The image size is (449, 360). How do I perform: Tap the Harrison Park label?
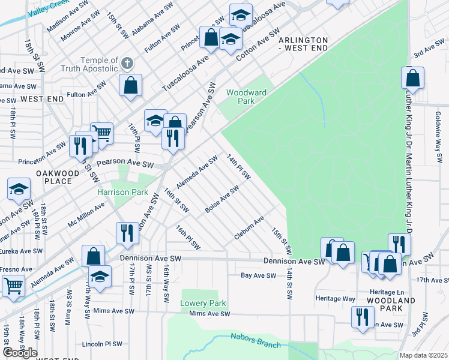pyautogui.click(x=123, y=193)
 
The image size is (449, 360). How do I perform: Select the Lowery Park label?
pyautogui.click(x=203, y=303)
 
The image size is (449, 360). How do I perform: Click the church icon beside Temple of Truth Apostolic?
pyautogui.click(x=127, y=63)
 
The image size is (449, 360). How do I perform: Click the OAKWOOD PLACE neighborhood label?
pyautogui.click(x=58, y=177)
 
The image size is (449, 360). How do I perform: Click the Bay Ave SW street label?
pyautogui.click(x=258, y=275)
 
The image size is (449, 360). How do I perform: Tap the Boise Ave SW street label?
pyautogui.click(x=222, y=198)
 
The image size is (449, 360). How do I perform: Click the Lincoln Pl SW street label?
pyautogui.click(x=102, y=344)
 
